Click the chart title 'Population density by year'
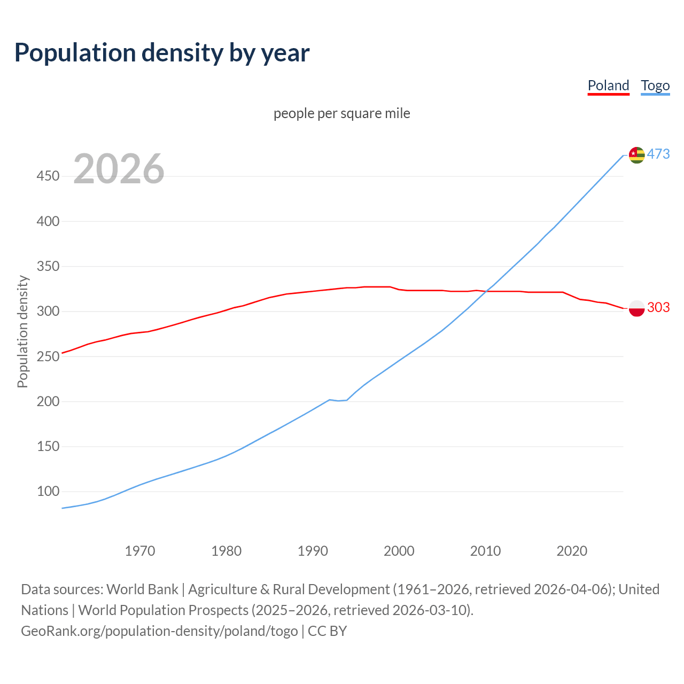pyautogui.click(x=162, y=53)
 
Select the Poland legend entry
pyautogui.click(x=608, y=85)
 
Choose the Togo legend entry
pyautogui.click(x=655, y=85)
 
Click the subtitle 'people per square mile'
pyautogui.click(x=342, y=113)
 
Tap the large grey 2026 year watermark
pyautogui.click(x=119, y=169)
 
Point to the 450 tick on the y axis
pyautogui.click(x=48, y=176)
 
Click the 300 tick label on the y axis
pyautogui.click(x=48, y=311)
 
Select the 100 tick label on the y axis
pyautogui.click(x=48, y=491)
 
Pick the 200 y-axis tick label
pyautogui.click(x=48, y=401)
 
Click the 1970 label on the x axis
pyautogui.click(x=140, y=551)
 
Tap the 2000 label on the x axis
pyautogui.click(x=399, y=551)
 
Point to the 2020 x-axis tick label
pyautogui.click(x=572, y=551)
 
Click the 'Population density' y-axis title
pyautogui.click(x=22, y=331)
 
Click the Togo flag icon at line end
pyautogui.click(x=636, y=155)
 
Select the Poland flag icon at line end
pyautogui.click(x=636, y=308)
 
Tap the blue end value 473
pyautogui.click(x=658, y=154)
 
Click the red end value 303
pyautogui.click(x=658, y=307)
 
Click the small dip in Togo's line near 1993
pyautogui.click(x=339, y=400)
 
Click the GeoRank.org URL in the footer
pyautogui.click(x=159, y=631)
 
